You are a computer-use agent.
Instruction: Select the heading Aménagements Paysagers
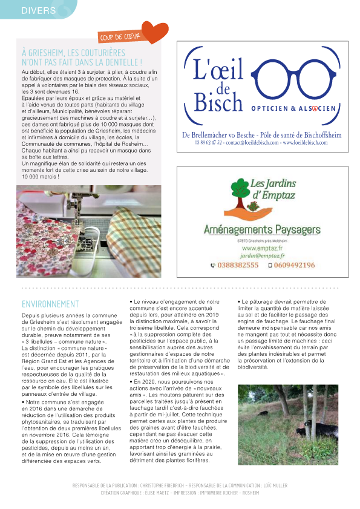261,229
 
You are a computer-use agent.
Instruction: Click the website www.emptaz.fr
260,248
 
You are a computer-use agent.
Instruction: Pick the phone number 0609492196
294,265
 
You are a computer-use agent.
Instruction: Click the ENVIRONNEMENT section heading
50,304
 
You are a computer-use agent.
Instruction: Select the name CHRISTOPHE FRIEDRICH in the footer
160,485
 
